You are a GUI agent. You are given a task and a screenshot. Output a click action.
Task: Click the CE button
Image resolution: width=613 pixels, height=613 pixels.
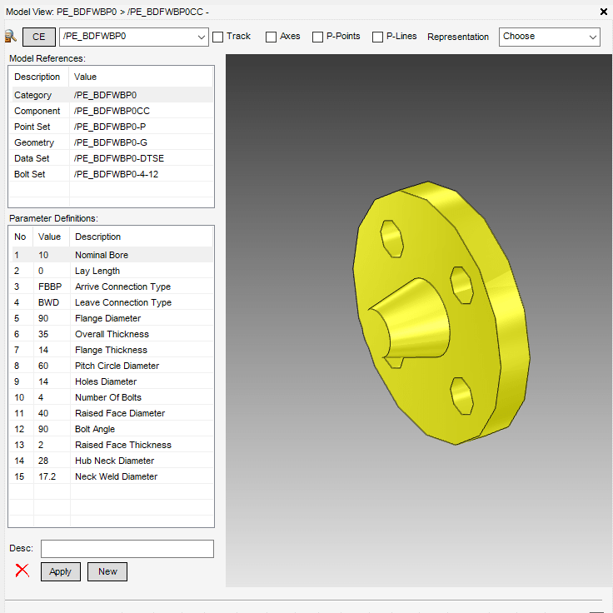(39, 37)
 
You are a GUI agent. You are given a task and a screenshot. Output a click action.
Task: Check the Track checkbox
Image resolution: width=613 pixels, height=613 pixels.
(218, 37)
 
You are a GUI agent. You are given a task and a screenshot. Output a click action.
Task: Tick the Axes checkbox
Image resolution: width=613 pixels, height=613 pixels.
(272, 37)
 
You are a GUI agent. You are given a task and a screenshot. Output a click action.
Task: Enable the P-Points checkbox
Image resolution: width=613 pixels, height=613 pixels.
(318, 37)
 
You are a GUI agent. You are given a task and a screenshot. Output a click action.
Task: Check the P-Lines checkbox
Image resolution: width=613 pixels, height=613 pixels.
(378, 37)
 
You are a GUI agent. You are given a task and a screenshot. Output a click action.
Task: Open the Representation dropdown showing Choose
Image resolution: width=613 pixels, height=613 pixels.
(549, 37)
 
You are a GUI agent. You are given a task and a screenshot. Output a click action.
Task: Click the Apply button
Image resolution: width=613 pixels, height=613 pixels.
(61, 571)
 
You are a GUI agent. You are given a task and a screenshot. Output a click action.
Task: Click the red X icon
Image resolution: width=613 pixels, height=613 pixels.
(22, 571)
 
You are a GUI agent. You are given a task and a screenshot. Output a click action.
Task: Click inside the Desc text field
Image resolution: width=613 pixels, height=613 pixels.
(127, 549)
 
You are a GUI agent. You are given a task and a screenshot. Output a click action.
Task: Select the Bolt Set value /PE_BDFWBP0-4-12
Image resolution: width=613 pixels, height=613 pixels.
(116, 174)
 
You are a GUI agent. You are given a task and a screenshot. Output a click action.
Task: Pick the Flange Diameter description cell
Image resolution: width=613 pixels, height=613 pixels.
(107, 318)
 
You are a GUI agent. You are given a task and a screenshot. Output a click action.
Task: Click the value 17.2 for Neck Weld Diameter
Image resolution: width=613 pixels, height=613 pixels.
(47, 476)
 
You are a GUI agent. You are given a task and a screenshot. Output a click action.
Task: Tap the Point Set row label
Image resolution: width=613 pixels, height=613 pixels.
(32, 127)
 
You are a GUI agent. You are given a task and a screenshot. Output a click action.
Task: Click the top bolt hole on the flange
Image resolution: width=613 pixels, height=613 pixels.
(392, 239)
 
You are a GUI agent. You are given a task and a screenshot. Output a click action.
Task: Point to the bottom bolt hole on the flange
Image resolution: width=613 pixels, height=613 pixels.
(462, 393)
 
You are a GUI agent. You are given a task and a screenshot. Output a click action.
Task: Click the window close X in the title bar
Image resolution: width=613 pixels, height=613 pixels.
(603, 12)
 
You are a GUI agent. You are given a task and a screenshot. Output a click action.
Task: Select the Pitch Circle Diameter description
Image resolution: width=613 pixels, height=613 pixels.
(117, 366)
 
